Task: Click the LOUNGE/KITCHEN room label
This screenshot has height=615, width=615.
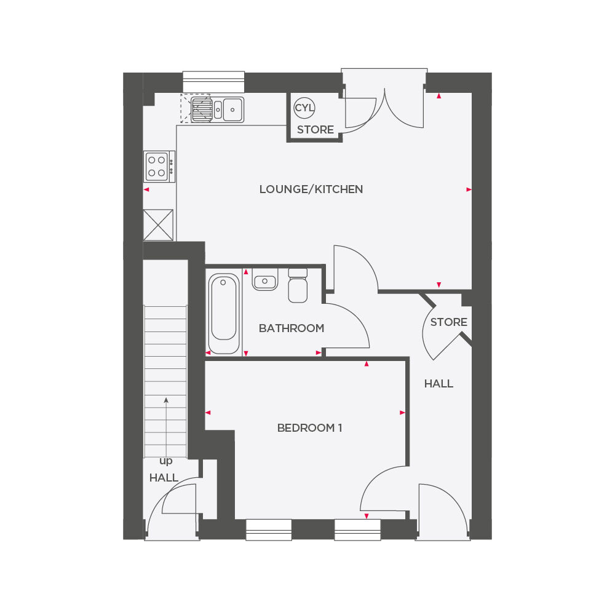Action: click(311, 189)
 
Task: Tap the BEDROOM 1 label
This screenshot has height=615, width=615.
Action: click(309, 428)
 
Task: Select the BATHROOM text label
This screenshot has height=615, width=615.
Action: click(291, 328)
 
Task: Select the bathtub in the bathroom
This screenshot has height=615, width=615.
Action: click(223, 313)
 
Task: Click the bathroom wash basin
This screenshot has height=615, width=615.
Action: click(265, 281)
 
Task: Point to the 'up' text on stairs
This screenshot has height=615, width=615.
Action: click(165, 461)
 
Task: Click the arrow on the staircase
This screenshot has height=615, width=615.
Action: click(166, 424)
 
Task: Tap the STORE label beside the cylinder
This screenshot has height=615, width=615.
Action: click(315, 130)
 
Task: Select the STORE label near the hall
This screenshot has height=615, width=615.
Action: click(448, 322)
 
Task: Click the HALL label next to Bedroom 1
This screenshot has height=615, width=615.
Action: click(438, 384)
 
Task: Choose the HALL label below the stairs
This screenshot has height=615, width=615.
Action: click(164, 478)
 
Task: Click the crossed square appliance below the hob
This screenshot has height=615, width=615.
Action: click(158, 225)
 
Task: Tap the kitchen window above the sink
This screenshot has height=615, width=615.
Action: click(213, 82)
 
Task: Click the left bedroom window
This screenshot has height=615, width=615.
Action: click(269, 530)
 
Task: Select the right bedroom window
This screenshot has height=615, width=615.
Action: click(357, 530)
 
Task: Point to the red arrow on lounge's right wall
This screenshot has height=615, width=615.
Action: click(469, 189)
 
